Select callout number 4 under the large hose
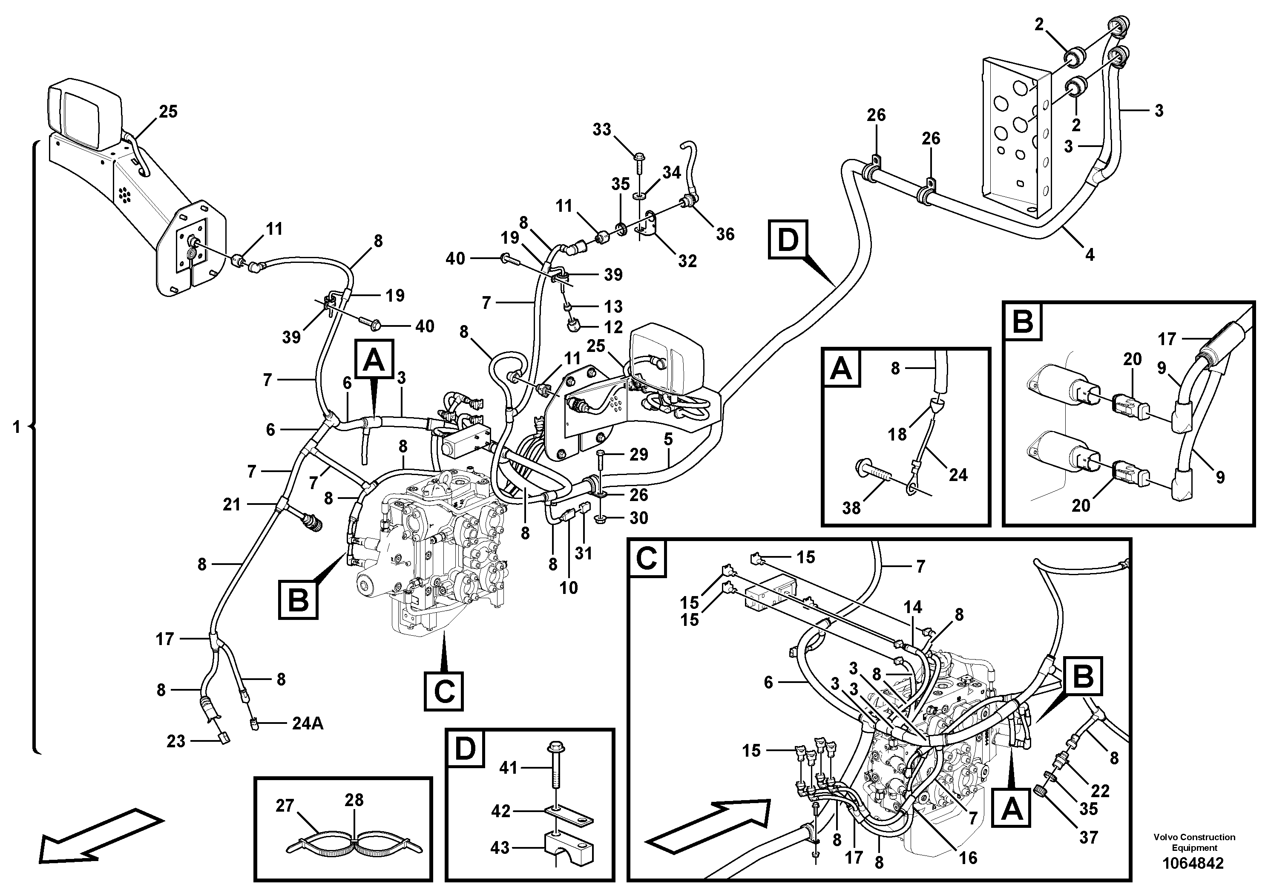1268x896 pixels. pyautogui.click(x=1090, y=255)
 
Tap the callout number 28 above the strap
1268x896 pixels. pyautogui.click(x=354, y=800)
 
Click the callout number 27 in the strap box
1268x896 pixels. pyautogui.click(x=285, y=806)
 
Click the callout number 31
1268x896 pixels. pyautogui.click(x=583, y=553)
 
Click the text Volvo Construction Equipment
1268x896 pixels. pyautogui.click(x=1194, y=842)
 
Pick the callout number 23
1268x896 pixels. pyautogui.click(x=176, y=741)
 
